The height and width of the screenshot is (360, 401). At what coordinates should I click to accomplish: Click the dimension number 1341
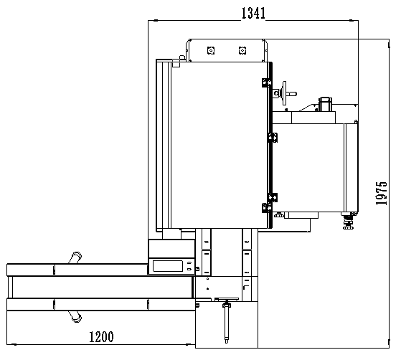tap(253, 14)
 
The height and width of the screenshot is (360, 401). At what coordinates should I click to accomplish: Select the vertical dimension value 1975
tap(381, 193)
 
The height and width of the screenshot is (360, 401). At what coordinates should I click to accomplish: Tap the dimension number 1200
tap(101, 337)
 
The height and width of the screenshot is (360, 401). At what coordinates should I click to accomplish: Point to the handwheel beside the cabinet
tap(284, 93)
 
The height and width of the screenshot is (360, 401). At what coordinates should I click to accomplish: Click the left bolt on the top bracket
tap(211, 50)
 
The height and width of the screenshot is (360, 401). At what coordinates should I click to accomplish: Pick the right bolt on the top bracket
tap(242, 50)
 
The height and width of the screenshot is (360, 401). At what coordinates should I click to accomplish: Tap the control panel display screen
tap(168, 266)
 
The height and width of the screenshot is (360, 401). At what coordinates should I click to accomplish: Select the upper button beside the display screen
tap(189, 262)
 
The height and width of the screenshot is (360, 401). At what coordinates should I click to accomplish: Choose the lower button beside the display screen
tap(189, 269)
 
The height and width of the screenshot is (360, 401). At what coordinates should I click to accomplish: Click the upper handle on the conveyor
tap(75, 257)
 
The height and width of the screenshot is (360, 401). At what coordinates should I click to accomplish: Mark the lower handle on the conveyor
tap(75, 316)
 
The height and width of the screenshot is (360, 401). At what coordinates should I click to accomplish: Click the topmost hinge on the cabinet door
tap(266, 82)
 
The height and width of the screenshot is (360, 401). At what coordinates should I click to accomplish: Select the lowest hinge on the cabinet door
tap(266, 208)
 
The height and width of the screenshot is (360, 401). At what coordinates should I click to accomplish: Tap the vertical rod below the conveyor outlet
tap(227, 323)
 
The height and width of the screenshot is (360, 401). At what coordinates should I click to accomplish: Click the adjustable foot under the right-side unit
tap(348, 221)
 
